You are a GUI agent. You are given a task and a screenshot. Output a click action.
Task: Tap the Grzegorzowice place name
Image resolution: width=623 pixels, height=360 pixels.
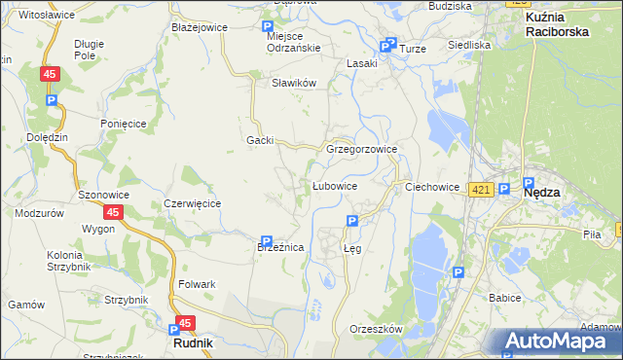tap(361, 150)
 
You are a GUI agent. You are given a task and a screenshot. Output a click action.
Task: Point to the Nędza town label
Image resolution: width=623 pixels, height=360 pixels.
tap(541, 193)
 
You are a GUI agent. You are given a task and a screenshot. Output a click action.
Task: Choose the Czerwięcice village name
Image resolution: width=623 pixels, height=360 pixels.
tap(193, 203)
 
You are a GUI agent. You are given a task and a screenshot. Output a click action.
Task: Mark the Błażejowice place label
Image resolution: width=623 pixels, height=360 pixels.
tap(199, 27)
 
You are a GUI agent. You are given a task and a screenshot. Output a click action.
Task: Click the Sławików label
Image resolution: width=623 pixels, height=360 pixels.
tap(294, 83)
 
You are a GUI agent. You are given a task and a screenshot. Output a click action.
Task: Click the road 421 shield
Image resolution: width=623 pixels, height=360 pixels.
tap(479, 191)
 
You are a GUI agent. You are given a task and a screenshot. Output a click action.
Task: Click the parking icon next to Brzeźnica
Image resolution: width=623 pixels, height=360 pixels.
tap(266, 241)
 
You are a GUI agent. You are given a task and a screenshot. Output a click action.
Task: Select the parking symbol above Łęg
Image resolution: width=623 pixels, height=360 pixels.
tap(352, 222)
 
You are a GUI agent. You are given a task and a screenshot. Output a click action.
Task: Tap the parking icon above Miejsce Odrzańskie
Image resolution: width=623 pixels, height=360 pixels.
tap(269, 28)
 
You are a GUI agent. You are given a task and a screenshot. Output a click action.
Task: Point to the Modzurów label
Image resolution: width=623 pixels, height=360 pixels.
tap(39, 212)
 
